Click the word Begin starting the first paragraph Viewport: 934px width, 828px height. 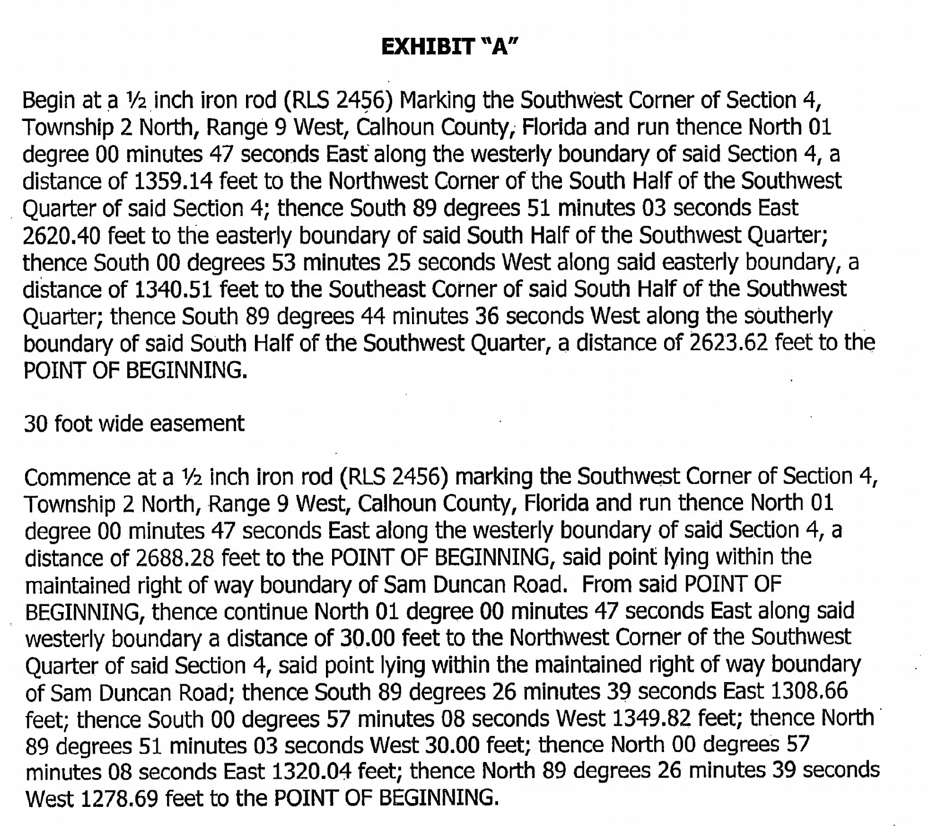[49, 101]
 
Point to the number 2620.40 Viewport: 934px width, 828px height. [62, 236]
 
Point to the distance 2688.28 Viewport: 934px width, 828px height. [175, 558]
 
